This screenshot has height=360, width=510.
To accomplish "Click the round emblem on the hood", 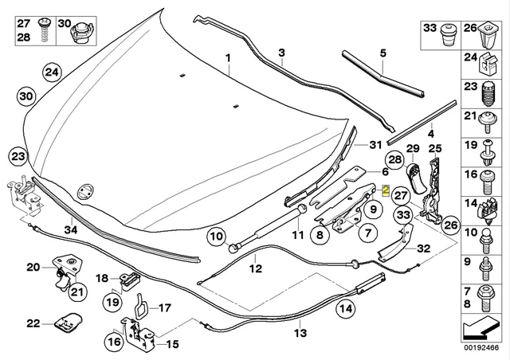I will pos(84,191).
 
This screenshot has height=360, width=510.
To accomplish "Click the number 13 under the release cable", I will pos(300,332).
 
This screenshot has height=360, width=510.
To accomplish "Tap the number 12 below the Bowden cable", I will pos(256,269).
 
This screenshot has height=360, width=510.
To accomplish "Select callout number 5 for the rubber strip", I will pos(382,53).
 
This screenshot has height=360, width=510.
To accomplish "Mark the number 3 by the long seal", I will pos(281,53).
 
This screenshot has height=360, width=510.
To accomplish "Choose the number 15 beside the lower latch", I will pos(171,345).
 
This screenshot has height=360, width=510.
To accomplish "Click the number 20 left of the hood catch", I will pos(33,267).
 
